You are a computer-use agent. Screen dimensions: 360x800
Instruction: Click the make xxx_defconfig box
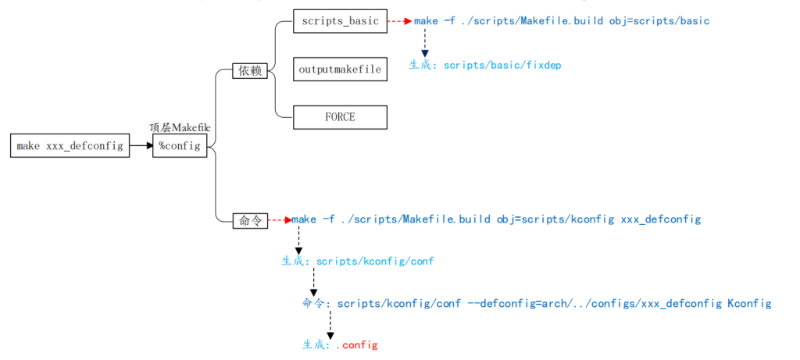[70, 145]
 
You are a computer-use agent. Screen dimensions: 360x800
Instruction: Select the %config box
[180, 145]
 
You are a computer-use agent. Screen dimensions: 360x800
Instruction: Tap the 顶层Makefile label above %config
[180, 127]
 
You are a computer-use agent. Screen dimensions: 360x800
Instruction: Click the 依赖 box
[250, 71]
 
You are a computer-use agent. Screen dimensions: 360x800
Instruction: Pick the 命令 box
[250, 221]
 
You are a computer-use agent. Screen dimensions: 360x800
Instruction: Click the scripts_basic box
[340, 21]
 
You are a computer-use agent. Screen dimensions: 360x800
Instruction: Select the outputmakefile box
[340, 70]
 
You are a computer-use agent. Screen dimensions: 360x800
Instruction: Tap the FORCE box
[340, 117]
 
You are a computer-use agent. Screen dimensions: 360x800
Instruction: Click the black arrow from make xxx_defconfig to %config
[141, 145]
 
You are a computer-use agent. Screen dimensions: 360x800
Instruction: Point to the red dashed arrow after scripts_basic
[399, 21]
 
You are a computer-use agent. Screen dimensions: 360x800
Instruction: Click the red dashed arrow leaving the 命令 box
[280, 221]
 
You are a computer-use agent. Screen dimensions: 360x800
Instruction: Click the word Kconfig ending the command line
[749, 303]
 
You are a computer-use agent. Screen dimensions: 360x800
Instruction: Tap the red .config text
[357, 344]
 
